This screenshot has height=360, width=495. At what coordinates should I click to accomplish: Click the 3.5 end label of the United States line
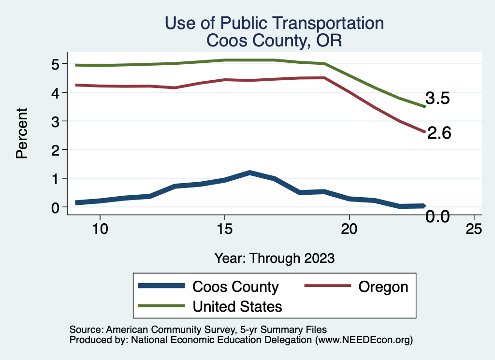(438, 99)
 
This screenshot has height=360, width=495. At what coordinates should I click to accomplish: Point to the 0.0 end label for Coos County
(438, 217)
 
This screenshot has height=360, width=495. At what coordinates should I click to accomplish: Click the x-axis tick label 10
(100, 229)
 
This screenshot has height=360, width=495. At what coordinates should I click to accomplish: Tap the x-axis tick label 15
(224, 229)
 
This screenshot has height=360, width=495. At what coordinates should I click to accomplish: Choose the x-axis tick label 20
(349, 229)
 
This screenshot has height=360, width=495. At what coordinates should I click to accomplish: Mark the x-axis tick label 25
(474, 229)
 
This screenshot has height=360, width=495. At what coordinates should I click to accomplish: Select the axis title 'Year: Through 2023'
(274, 258)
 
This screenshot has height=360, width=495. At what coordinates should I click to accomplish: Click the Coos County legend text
(235, 287)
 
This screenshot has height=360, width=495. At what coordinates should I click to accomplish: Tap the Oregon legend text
(383, 287)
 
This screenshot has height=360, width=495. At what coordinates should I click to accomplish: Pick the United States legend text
(237, 306)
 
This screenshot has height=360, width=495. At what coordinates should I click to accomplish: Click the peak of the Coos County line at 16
(249, 173)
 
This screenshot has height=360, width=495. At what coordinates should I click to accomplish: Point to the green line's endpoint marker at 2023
(424, 106)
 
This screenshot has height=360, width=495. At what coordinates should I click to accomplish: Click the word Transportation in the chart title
(322, 23)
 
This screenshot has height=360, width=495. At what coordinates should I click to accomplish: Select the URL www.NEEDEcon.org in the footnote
(363, 340)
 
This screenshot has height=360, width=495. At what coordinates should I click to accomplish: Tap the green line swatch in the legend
(161, 306)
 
